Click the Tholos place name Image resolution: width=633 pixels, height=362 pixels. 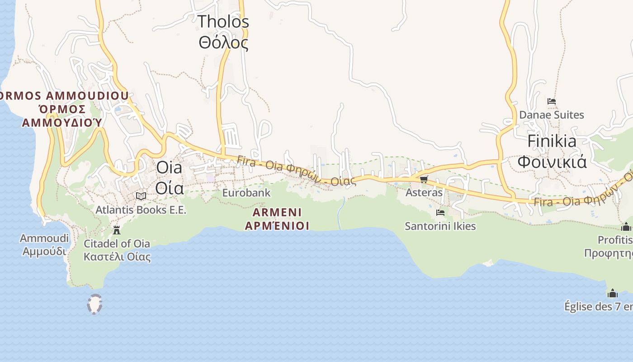(x=223, y=21)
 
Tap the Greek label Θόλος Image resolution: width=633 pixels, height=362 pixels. (x=223, y=43)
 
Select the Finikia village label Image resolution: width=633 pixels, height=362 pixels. (x=552, y=142)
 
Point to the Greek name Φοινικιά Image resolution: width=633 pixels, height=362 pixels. (x=552, y=161)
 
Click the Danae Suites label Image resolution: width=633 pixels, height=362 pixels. (x=551, y=115)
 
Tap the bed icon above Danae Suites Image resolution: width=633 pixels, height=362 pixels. (x=551, y=101)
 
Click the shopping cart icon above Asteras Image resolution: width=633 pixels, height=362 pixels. (x=424, y=180)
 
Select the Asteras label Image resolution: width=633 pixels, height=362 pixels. (x=424, y=192)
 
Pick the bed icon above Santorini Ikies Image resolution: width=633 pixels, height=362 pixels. (x=440, y=212)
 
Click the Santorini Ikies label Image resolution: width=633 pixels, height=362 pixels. (x=440, y=226)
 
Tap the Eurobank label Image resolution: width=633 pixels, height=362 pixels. (x=246, y=193)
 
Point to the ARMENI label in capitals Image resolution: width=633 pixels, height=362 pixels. (x=277, y=212)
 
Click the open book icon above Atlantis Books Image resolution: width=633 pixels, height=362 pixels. (x=141, y=196)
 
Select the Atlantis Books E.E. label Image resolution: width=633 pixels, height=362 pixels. (x=141, y=210)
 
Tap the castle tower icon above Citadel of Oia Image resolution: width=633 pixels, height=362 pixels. (x=117, y=230)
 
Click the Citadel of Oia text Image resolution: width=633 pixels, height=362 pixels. (x=117, y=243)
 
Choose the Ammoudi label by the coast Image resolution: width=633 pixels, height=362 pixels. (x=44, y=238)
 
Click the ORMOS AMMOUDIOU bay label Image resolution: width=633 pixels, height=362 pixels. (x=63, y=96)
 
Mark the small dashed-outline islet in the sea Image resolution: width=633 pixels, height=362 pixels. (x=94, y=304)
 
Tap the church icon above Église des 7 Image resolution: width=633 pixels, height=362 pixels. (x=613, y=293)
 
